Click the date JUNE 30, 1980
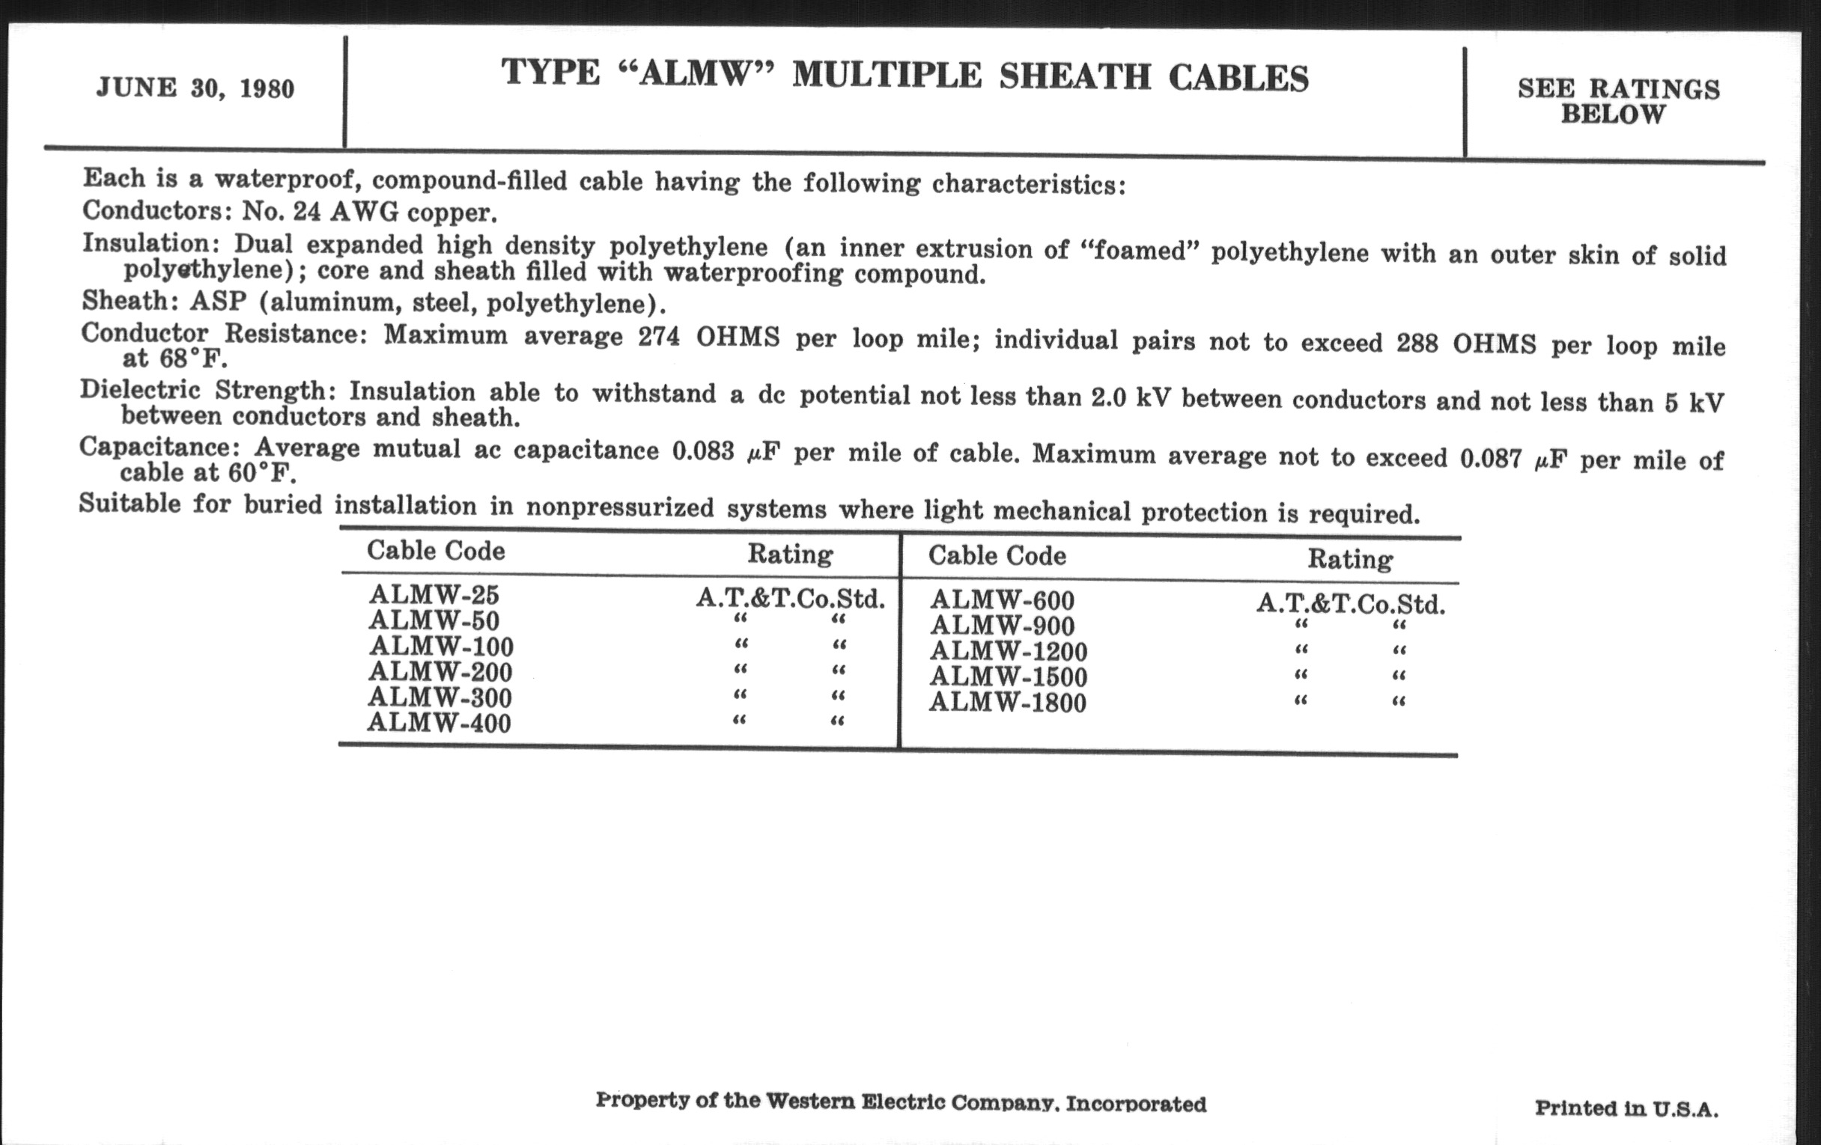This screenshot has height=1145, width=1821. pos(195,88)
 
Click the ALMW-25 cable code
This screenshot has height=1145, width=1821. pos(434,595)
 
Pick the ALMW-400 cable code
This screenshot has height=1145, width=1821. pos(439,723)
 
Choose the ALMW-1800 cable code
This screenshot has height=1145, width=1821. pos(1007,703)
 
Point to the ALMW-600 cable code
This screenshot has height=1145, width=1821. pos(1002,601)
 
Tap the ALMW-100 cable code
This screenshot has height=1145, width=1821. pos(441,647)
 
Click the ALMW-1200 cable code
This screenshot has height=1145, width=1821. pos(1008,652)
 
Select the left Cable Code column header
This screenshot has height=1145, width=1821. pos(436,551)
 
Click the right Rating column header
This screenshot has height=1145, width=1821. pos(1350,559)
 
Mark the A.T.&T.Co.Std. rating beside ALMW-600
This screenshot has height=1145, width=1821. pos(1351,605)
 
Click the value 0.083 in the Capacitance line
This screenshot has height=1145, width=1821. pos(702,451)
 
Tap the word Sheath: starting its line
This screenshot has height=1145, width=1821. pos(127,301)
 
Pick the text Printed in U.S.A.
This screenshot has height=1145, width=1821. pos(1626,1109)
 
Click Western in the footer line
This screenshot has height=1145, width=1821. pos(809,1101)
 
